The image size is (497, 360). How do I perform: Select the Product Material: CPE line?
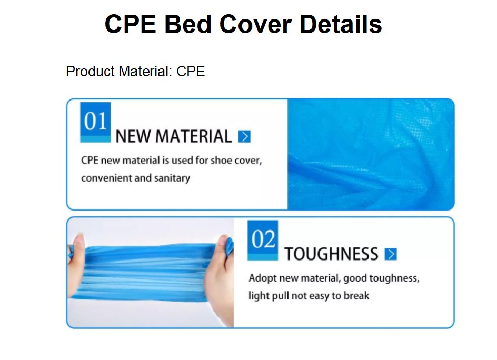135,72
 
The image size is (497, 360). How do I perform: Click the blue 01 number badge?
95,122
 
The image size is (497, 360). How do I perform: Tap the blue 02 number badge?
263,240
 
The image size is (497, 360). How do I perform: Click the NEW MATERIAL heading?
173,137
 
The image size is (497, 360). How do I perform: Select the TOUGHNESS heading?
331,255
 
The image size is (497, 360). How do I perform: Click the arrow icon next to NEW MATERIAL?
244,137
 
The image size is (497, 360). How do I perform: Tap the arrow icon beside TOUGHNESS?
390,255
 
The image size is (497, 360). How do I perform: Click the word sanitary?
172,178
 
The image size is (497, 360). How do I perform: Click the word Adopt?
262,278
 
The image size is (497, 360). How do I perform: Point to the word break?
356,296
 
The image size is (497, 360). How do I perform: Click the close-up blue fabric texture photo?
371,154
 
